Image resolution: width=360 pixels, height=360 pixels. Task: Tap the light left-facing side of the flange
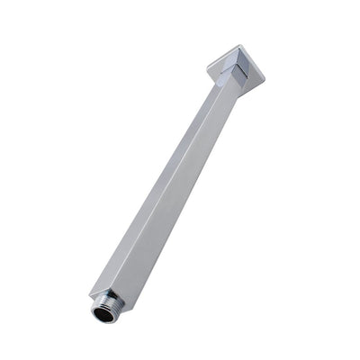[220, 63]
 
